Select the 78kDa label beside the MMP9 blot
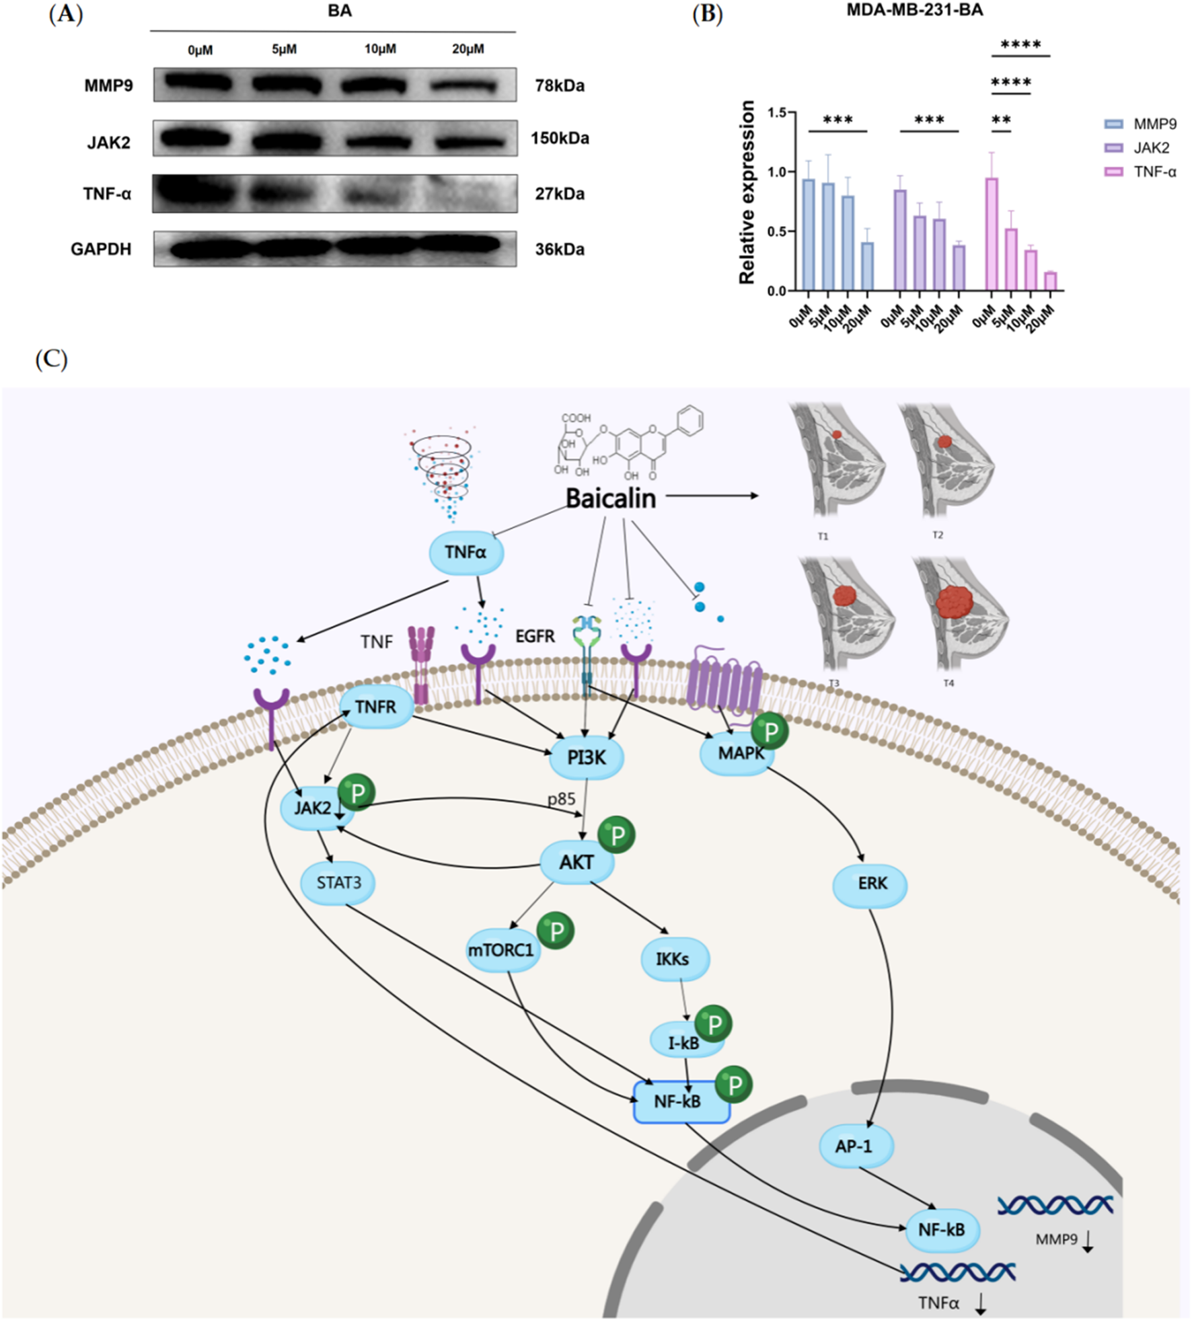[x=560, y=86]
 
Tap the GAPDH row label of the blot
[x=101, y=249]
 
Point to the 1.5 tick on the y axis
[x=777, y=112]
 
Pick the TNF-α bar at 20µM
[x=1050, y=281]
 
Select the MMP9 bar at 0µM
[x=809, y=235]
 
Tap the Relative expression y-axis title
[x=747, y=192]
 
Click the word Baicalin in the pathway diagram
[x=610, y=498]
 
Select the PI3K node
[x=587, y=758]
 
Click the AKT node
[x=576, y=862]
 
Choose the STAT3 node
[x=338, y=882]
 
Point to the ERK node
[x=871, y=884]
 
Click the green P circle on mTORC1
[x=556, y=931]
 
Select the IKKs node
[x=672, y=959]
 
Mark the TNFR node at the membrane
[x=375, y=707]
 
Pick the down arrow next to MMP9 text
[x=1087, y=1241]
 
